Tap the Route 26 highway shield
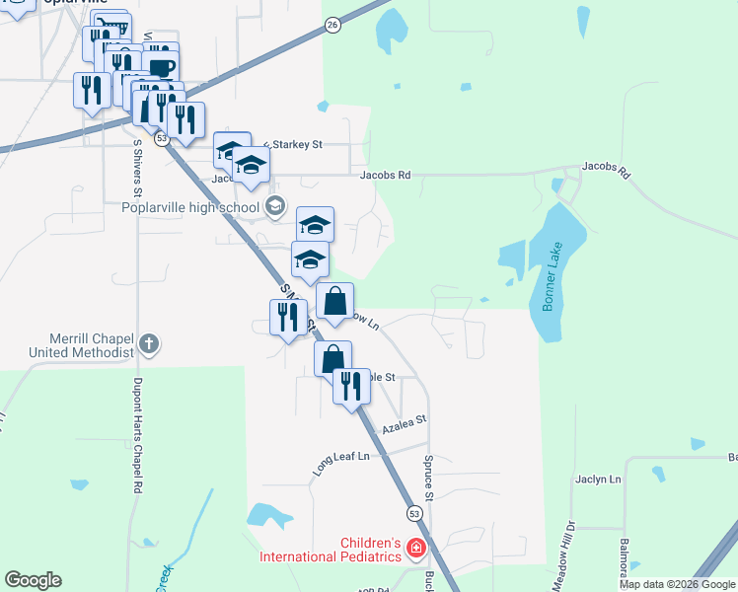click(x=332, y=25)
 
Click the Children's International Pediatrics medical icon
click(x=416, y=549)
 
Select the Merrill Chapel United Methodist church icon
click(x=149, y=344)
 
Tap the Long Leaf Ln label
click(x=340, y=460)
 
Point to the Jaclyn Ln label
click(x=598, y=480)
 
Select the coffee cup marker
click(x=161, y=66)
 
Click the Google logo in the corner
click(x=33, y=580)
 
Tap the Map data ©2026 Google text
click(x=678, y=584)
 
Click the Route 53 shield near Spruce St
click(x=414, y=513)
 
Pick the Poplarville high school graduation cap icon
click(x=274, y=206)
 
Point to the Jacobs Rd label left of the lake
click(x=385, y=176)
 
